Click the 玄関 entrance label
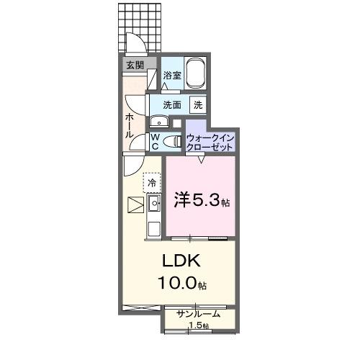point(135,66)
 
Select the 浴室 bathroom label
point(171,75)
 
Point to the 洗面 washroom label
point(171,104)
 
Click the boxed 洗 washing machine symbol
point(197,104)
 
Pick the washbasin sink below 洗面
point(158,122)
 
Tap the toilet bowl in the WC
point(171,142)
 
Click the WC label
point(155,142)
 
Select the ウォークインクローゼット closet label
point(210,141)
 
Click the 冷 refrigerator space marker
point(152,183)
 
